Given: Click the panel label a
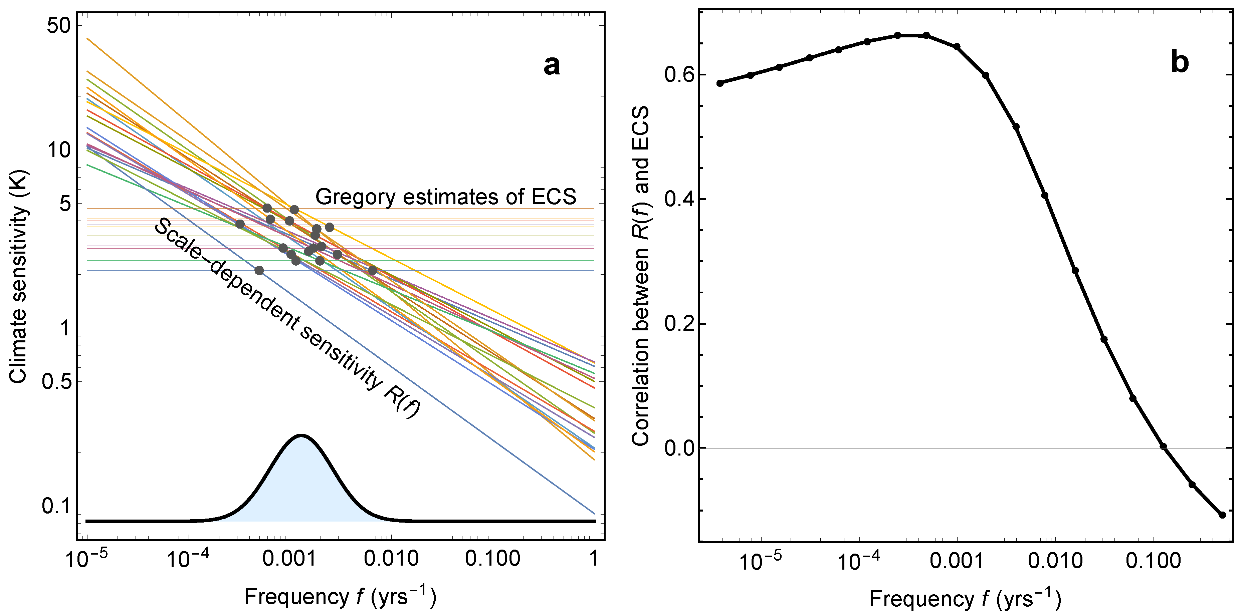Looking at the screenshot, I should tap(551, 66).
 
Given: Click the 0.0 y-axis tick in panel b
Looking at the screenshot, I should tap(678, 448).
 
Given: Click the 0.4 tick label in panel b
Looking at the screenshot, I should tap(678, 200).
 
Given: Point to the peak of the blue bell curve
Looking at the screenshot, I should tap(301, 436).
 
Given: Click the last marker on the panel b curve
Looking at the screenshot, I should tap(1222, 515).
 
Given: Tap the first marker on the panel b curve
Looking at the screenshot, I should tap(720, 83).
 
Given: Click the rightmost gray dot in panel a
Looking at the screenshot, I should tap(373, 270).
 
